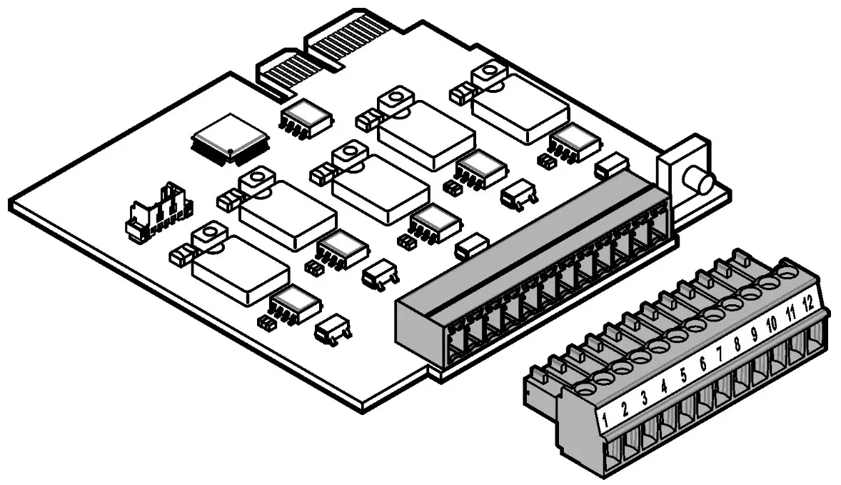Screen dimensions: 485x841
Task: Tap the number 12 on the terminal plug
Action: point(807,301)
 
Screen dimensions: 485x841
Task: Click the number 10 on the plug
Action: point(772,324)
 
